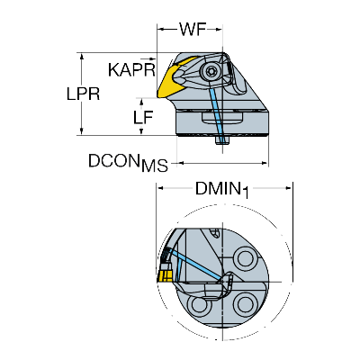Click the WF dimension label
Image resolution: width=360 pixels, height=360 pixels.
(193, 30)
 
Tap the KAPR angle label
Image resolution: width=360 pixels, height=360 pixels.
(131, 70)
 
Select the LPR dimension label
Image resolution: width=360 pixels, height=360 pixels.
(83, 94)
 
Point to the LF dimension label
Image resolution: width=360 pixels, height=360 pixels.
(143, 117)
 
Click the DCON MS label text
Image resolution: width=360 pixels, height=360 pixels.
(128, 163)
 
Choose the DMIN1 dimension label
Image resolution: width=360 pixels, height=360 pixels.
(222, 190)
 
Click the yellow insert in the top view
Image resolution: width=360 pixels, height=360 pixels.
(174, 79)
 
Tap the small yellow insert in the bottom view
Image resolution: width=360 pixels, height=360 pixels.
(164, 275)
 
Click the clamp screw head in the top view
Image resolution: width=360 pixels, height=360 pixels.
(209, 72)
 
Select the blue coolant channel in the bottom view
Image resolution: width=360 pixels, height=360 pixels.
(196, 263)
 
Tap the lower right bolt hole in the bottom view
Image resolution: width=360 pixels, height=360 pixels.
(246, 304)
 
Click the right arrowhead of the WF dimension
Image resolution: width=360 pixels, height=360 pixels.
(219, 30)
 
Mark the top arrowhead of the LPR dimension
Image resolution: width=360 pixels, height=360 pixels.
(81, 57)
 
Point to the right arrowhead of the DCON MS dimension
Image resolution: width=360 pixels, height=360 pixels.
(265, 163)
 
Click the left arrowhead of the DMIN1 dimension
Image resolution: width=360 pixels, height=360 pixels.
(160, 188)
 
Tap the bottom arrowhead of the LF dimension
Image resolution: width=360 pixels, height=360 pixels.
(141, 131)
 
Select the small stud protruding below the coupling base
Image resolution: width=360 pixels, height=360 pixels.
(223, 141)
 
